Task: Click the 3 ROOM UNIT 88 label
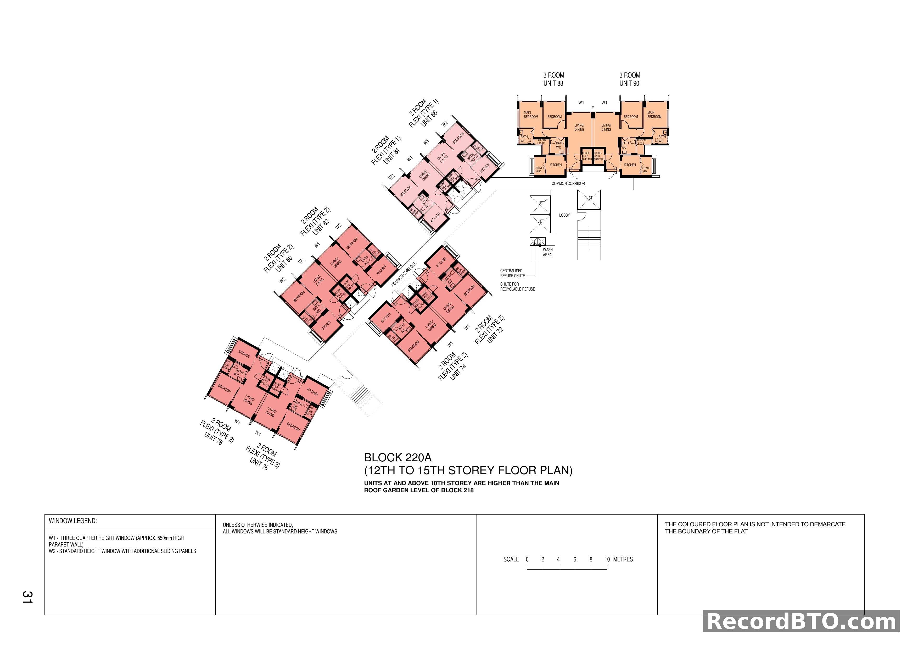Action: [x=553, y=79]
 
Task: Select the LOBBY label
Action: [x=564, y=215]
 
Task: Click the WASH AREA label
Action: [x=547, y=252]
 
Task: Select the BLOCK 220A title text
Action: [x=398, y=457]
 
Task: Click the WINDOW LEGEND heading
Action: [x=73, y=521]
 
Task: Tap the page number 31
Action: [x=27, y=597]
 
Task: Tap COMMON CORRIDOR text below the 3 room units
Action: [x=568, y=184]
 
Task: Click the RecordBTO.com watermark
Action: [x=801, y=622]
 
